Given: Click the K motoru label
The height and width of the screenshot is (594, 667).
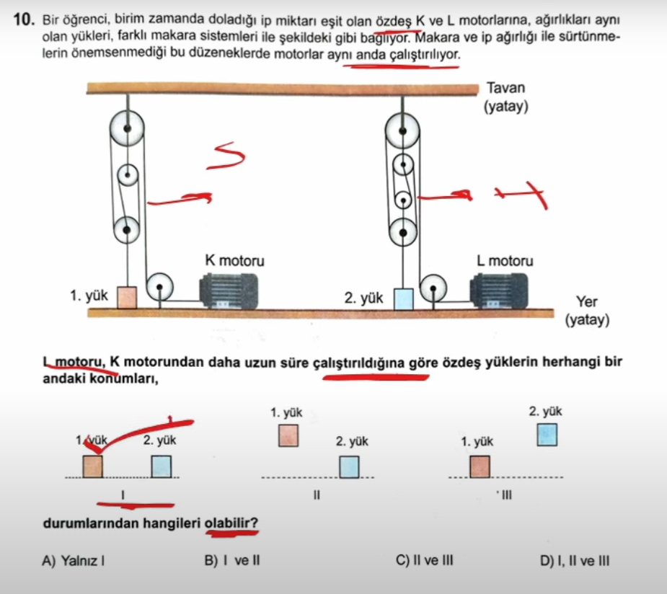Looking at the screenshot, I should pyautogui.click(x=234, y=260).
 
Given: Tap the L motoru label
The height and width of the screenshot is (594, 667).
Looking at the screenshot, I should pyautogui.click(x=505, y=260).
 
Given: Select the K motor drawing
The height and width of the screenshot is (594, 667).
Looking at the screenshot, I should pyautogui.click(x=231, y=292).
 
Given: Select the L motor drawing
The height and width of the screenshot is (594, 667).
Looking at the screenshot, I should pyautogui.click(x=502, y=292).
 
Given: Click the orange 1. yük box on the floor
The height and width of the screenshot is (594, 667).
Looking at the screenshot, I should pyautogui.click(x=127, y=297).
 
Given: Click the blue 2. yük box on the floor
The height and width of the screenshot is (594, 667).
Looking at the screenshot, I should pyautogui.click(x=404, y=298).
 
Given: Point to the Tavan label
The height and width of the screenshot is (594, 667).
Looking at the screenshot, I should pyautogui.click(x=506, y=88).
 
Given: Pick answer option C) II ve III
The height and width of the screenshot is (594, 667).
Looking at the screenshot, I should pyautogui.click(x=425, y=559).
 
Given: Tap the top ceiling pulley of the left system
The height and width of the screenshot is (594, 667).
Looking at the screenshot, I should pyautogui.click(x=127, y=130).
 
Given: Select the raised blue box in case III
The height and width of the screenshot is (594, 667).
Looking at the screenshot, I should pyautogui.click(x=547, y=435).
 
